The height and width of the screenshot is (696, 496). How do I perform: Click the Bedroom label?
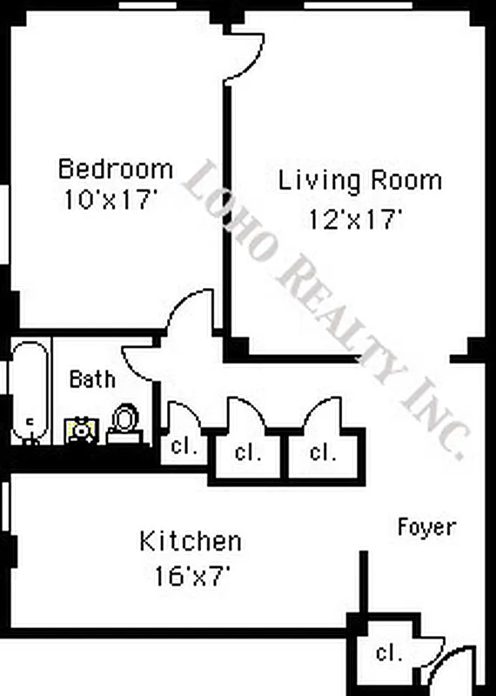tap(115, 168)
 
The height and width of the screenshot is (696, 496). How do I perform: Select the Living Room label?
tap(359, 181)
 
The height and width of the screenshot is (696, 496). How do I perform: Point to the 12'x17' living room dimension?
tap(355, 219)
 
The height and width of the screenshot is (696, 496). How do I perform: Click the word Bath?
tap(91, 379)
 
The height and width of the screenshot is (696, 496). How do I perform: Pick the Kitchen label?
tap(190, 542)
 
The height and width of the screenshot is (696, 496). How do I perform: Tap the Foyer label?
tap(426, 526)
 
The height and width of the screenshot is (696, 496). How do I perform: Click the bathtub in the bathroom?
tap(30, 391)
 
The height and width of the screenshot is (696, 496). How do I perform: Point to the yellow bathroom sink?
tap(81, 430)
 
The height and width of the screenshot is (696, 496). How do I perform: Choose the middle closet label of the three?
tap(249, 452)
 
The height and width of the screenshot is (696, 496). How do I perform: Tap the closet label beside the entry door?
tap(388, 652)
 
